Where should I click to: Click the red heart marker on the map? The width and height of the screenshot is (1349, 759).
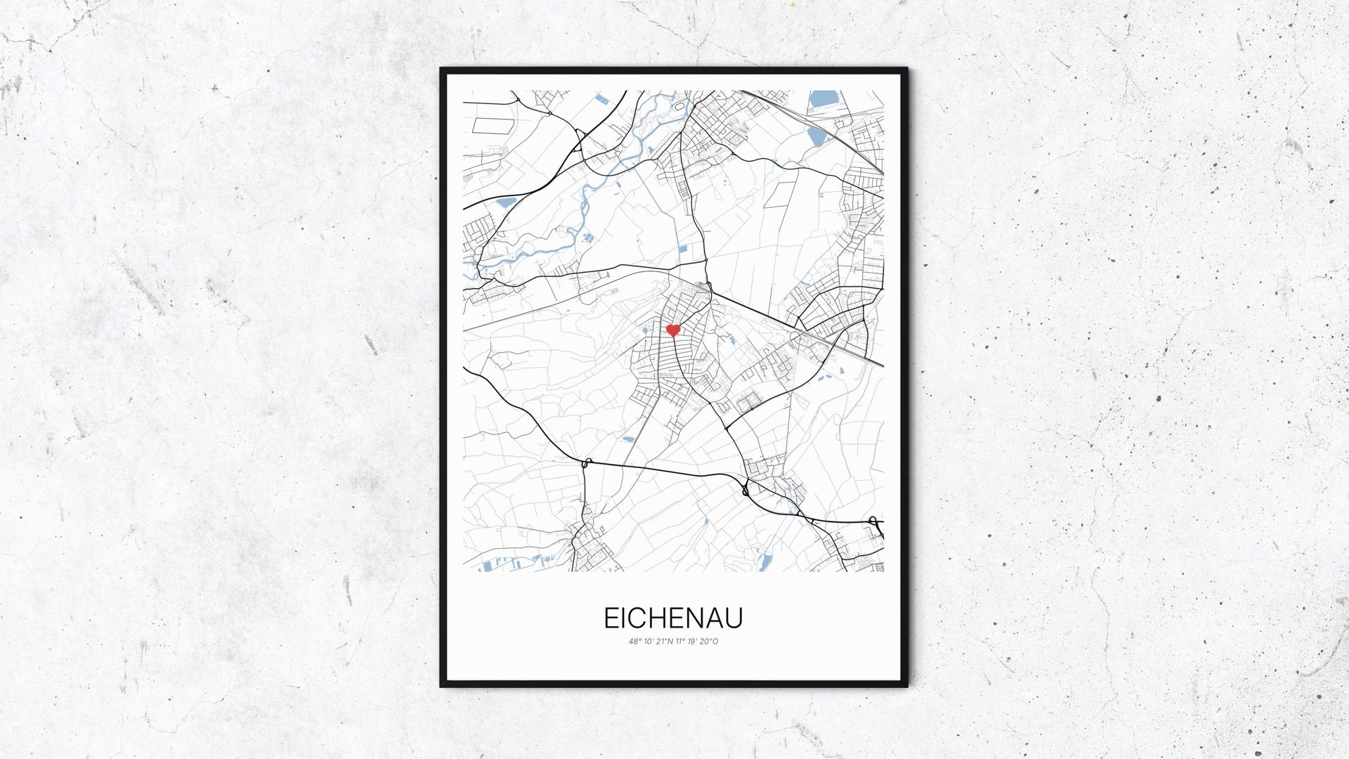(673, 330)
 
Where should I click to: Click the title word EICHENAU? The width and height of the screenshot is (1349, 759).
(673, 618)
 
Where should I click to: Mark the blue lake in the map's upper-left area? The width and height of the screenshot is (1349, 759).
(505, 203)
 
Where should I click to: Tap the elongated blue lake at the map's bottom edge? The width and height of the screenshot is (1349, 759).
(765, 560)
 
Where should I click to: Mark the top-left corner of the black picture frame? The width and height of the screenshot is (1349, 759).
(441, 69)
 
